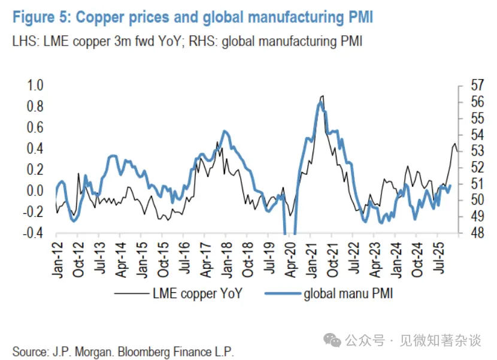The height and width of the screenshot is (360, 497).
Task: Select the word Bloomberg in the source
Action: pyautogui.click(x=146, y=350)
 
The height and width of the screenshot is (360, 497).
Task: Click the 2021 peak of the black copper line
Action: pyautogui.click(x=323, y=96)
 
